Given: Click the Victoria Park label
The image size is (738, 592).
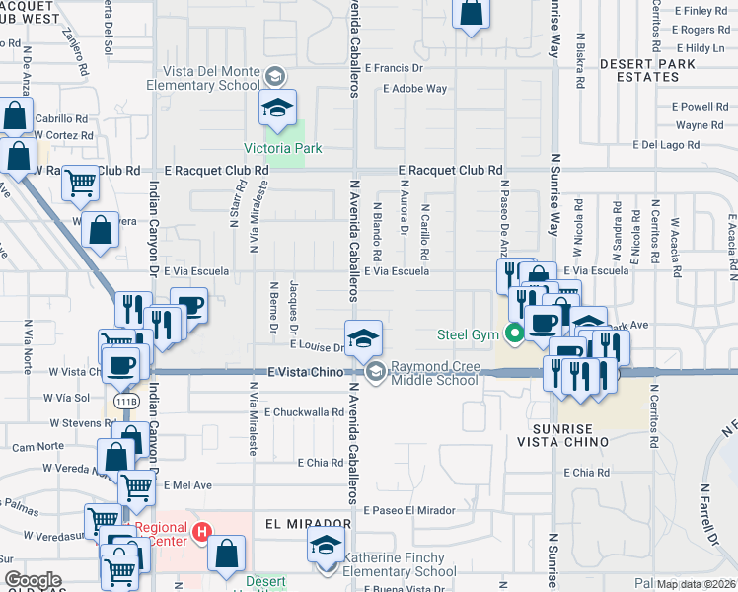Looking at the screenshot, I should click(283, 149).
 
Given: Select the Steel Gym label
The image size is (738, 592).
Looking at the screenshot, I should click(469, 335).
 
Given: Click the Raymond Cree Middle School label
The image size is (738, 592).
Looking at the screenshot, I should click(435, 372).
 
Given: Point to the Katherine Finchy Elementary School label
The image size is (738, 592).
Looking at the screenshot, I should click(400, 564).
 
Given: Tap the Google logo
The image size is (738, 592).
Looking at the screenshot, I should click(33, 580).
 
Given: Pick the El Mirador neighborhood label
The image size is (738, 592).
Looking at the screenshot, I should click(308, 523).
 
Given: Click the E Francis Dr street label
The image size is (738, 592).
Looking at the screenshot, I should click(393, 69).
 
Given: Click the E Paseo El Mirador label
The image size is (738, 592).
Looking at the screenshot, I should click(408, 510).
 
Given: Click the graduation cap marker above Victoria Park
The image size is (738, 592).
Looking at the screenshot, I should click(278, 107).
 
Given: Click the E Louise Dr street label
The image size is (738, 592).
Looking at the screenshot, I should click(316, 346).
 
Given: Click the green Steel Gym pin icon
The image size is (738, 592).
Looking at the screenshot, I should click(513, 334).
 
